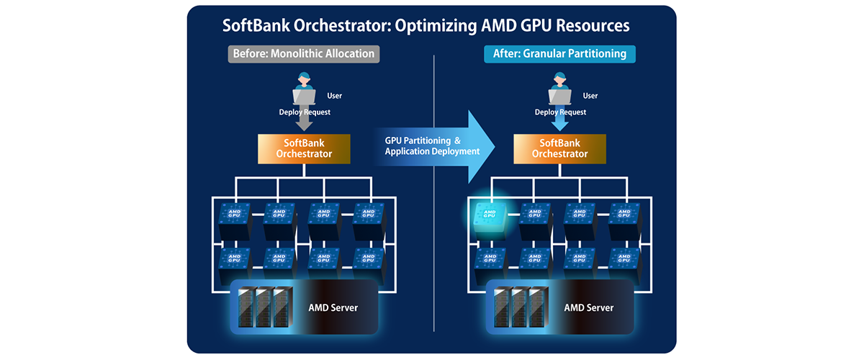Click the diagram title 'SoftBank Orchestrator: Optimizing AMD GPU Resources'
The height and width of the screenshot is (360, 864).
pos(426,26)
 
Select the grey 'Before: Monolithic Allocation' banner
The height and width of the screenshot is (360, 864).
pos(303,54)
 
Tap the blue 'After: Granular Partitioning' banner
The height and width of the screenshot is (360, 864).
pos(559,54)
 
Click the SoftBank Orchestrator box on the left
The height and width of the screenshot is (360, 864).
pos(304,148)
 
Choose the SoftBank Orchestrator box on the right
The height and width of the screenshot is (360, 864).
pos(559,148)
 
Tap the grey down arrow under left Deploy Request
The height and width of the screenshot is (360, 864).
pos(304,123)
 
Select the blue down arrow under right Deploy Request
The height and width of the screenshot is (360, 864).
pos(559,123)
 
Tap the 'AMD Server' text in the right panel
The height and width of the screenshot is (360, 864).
pos(588,307)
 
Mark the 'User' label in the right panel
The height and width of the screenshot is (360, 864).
pos(590,96)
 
